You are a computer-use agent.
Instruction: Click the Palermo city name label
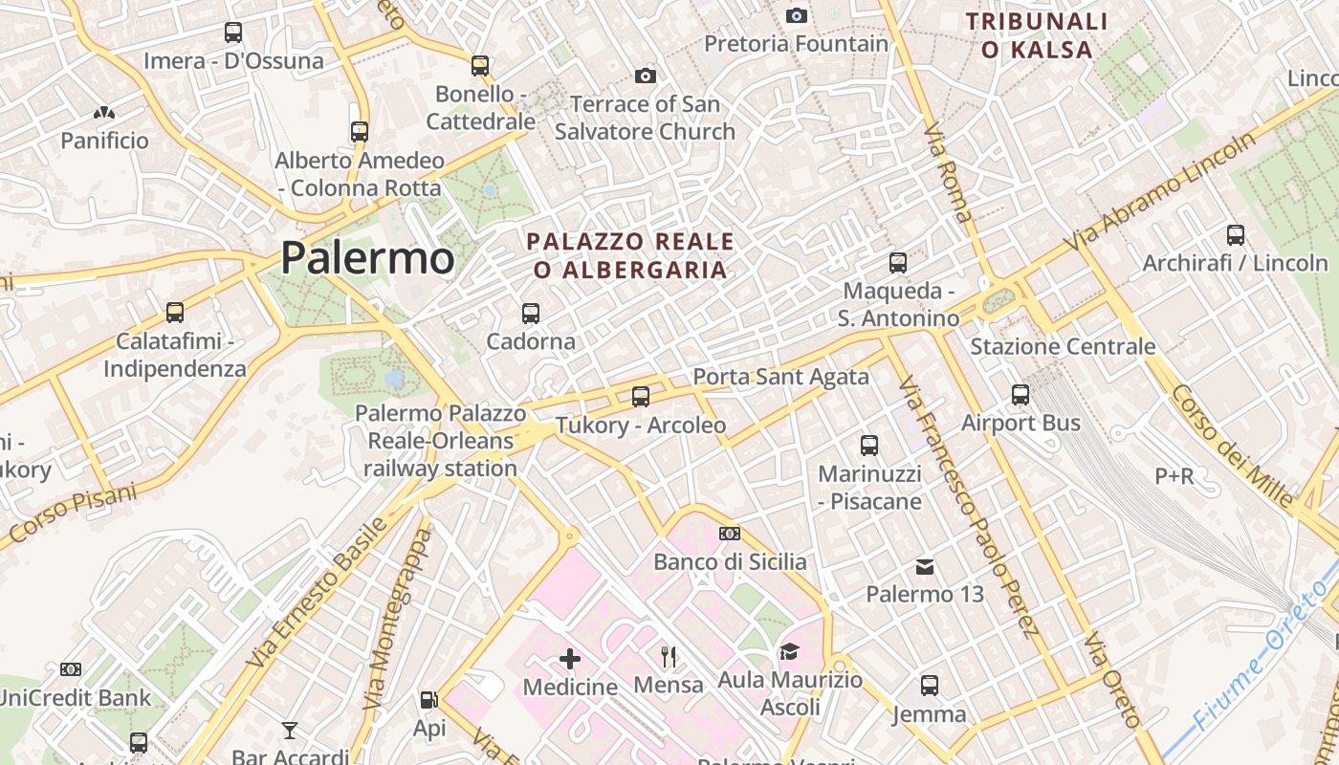click(367, 258)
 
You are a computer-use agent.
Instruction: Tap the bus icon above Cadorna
click(531, 313)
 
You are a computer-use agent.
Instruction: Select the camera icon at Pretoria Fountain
click(796, 15)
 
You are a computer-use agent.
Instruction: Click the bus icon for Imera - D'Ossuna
click(233, 33)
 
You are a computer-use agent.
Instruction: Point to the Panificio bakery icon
click(104, 113)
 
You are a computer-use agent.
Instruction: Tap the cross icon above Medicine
click(570, 658)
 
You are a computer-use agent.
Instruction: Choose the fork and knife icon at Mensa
click(669, 656)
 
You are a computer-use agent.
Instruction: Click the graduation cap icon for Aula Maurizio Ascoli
click(789, 651)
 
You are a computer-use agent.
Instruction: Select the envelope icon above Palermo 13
click(925, 567)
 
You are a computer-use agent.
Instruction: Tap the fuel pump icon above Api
click(429, 700)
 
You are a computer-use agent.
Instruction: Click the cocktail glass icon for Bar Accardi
click(290, 732)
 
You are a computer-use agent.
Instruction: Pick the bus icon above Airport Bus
click(1021, 394)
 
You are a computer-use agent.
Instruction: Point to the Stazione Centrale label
click(1063, 346)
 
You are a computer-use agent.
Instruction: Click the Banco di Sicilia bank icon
click(730, 534)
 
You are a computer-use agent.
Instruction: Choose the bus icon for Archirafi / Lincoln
click(1236, 234)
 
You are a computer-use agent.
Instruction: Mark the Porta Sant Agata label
click(780, 377)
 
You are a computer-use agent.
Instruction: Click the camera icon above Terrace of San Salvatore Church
click(646, 76)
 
